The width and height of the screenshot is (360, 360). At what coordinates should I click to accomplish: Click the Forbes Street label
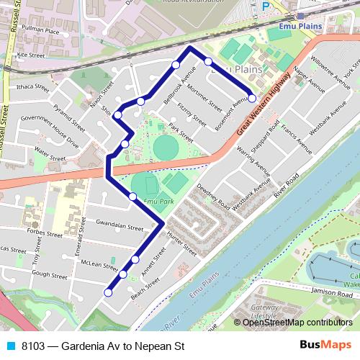(x=44, y=233)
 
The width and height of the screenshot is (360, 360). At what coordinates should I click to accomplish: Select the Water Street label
(x=50, y=154)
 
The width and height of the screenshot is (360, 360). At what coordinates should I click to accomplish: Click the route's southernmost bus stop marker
(x=108, y=292)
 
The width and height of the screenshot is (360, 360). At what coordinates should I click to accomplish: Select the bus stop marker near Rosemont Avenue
(x=252, y=99)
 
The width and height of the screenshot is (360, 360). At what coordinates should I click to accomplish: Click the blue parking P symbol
(x=266, y=6)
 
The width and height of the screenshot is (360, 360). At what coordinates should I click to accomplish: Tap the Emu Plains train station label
(x=289, y=32)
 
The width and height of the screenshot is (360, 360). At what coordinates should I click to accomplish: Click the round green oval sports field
(x=166, y=149)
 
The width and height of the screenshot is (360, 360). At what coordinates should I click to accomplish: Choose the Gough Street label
(x=50, y=274)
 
